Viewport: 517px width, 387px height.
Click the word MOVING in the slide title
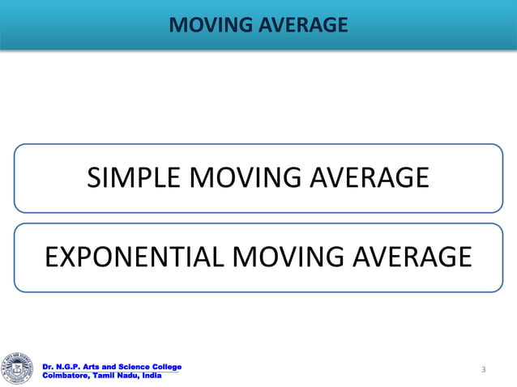point(207,26)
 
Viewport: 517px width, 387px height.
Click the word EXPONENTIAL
point(134,257)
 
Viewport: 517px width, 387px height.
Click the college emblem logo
point(19,369)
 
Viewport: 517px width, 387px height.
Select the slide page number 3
point(483,370)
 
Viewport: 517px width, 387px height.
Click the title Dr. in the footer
point(49,368)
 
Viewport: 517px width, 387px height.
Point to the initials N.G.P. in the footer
point(70,368)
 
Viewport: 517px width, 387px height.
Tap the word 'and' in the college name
point(113,368)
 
